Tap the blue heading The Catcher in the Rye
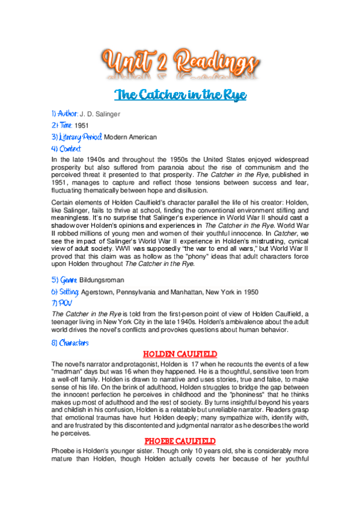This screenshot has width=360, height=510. click(180, 95)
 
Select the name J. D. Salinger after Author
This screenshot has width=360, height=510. click(100, 113)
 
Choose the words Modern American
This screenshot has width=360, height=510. click(130, 137)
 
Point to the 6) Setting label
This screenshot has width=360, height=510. click(65, 292)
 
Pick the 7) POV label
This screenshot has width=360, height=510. click(61, 303)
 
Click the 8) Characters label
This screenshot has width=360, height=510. click(70, 343)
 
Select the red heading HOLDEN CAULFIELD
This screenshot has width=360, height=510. click(180, 354)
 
